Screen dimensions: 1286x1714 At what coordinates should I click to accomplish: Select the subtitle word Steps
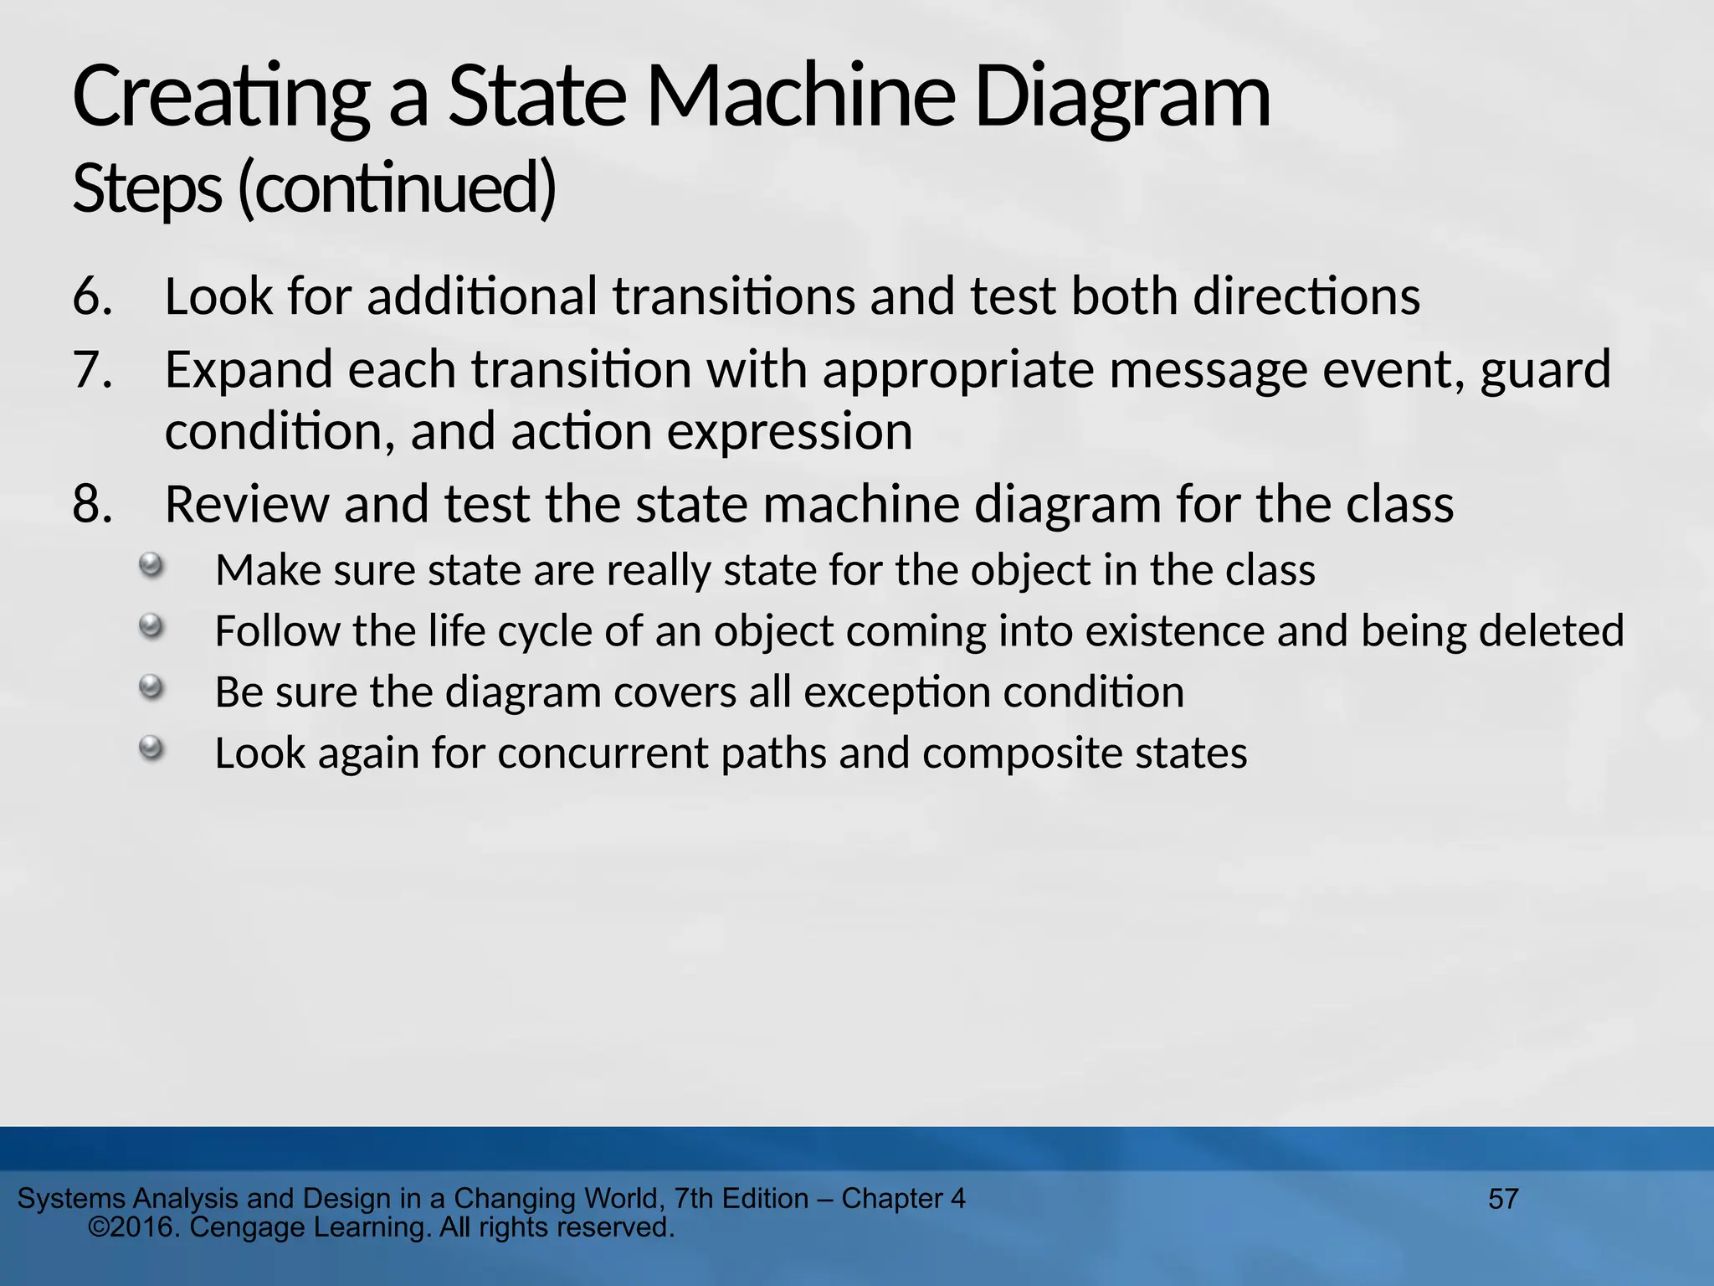coord(147,188)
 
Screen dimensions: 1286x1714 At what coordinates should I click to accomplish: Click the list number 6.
coord(92,296)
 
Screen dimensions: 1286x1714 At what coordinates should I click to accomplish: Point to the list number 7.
coord(92,370)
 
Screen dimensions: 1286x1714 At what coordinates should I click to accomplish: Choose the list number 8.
coord(92,505)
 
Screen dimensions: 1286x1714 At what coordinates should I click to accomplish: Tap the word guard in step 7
coord(1545,370)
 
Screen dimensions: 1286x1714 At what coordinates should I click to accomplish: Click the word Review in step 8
coord(248,505)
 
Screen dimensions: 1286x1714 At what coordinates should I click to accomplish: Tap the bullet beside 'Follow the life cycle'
coord(151,625)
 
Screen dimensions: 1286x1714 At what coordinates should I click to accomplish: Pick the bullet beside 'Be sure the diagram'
coord(151,687)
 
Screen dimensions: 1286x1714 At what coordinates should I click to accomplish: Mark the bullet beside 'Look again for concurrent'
coord(151,748)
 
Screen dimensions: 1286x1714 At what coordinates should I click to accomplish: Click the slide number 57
coord(1503,1199)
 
